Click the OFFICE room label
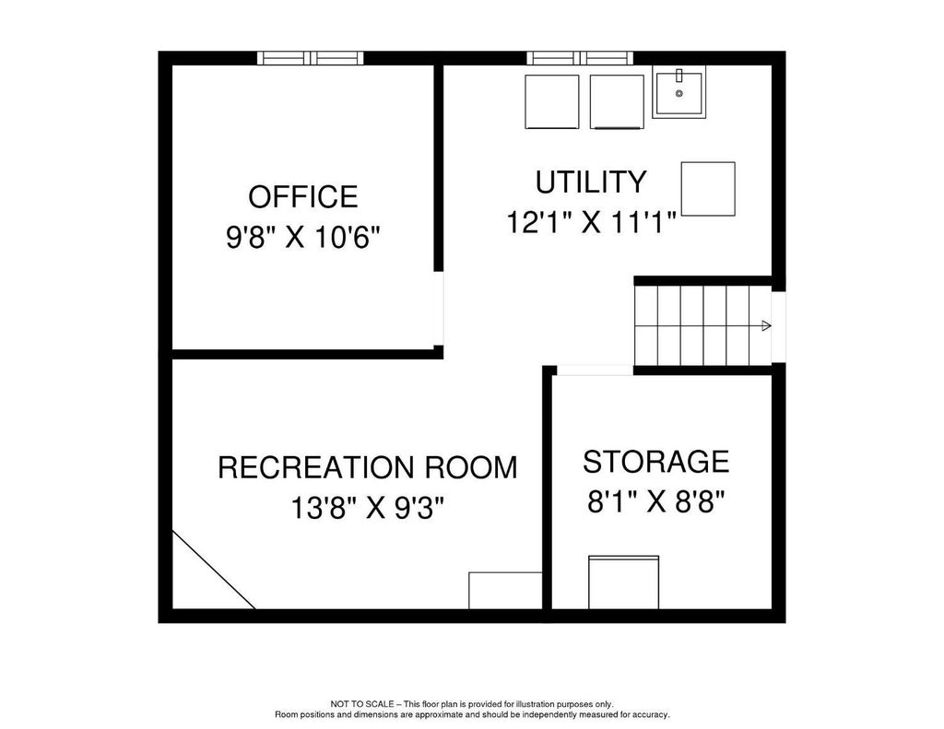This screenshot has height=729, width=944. [x=302, y=197]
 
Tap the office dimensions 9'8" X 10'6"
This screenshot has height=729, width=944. [x=303, y=237]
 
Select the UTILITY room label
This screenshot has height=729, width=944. [x=591, y=182]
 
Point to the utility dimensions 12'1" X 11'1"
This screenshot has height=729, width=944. [x=591, y=222]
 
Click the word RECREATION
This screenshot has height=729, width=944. [x=317, y=468]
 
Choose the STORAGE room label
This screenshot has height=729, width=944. [x=655, y=462]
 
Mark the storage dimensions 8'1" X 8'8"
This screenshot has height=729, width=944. [x=655, y=500]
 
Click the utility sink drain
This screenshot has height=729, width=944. [x=679, y=93]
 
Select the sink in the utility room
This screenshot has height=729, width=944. [x=679, y=94]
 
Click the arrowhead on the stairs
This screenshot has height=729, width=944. [x=766, y=325]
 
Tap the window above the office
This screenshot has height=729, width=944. [x=311, y=58]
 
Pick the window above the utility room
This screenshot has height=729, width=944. [x=580, y=58]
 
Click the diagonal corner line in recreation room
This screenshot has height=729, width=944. [x=214, y=570]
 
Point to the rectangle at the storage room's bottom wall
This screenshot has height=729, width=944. [x=623, y=582]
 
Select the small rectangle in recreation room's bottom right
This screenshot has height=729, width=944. [x=506, y=591]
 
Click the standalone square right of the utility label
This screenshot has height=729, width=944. [x=708, y=188]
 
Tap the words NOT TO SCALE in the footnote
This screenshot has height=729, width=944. [x=361, y=704]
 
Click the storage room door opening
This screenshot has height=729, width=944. [x=595, y=370]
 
